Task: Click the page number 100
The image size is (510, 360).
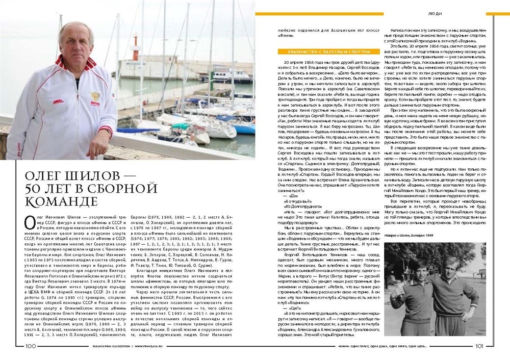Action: [30, 346]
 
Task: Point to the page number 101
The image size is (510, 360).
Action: [479, 346]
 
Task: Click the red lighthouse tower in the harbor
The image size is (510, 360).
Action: [135, 48]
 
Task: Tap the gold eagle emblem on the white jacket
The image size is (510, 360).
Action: [95, 96]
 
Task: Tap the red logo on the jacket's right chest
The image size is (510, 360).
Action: [59, 101]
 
